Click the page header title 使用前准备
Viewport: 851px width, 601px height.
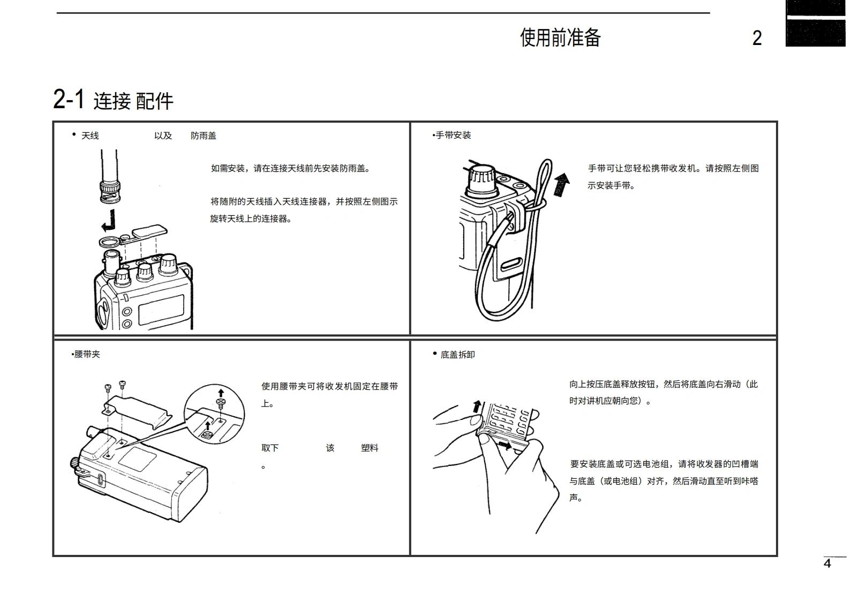pyautogui.click(x=560, y=37)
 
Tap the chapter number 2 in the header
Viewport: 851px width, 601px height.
pyautogui.click(x=757, y=38)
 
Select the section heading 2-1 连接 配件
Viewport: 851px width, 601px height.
pyautogui.click(x=113, y=100)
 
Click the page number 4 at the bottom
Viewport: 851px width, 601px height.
pyautogui.click(x=827, y=564)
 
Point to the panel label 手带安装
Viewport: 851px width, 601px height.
pyautogui.click(x=453, y=135)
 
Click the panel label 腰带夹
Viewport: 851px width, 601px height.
pyautogui.click(x=87, y=354)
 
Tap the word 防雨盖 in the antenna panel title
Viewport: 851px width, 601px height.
pyautogui.click(x=204, y=136)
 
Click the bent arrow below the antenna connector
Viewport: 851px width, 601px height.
pyautogui.click(x=109, y=220)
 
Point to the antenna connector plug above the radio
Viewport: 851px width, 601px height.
pyautogui.click(x=110, y=191)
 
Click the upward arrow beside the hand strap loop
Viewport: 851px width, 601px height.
pyautogui.click(x=561, y=184)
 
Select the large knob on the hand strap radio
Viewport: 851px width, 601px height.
pyautogui.click(x=482, y=179)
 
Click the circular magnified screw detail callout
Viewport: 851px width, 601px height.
pyautogui.click(x=214, y=414)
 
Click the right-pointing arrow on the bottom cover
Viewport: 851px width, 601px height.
pyautogui.click(x=504, y=445)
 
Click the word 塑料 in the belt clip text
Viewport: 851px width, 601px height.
pyautogui.click(x=370, y=448)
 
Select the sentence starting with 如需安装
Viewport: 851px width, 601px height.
pyautogui.click(x=291, y=168)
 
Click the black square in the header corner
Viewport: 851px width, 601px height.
pyautogui.click(x=816, y=24)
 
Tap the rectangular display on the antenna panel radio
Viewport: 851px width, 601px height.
pyautogui.click(x=161, y=310)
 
